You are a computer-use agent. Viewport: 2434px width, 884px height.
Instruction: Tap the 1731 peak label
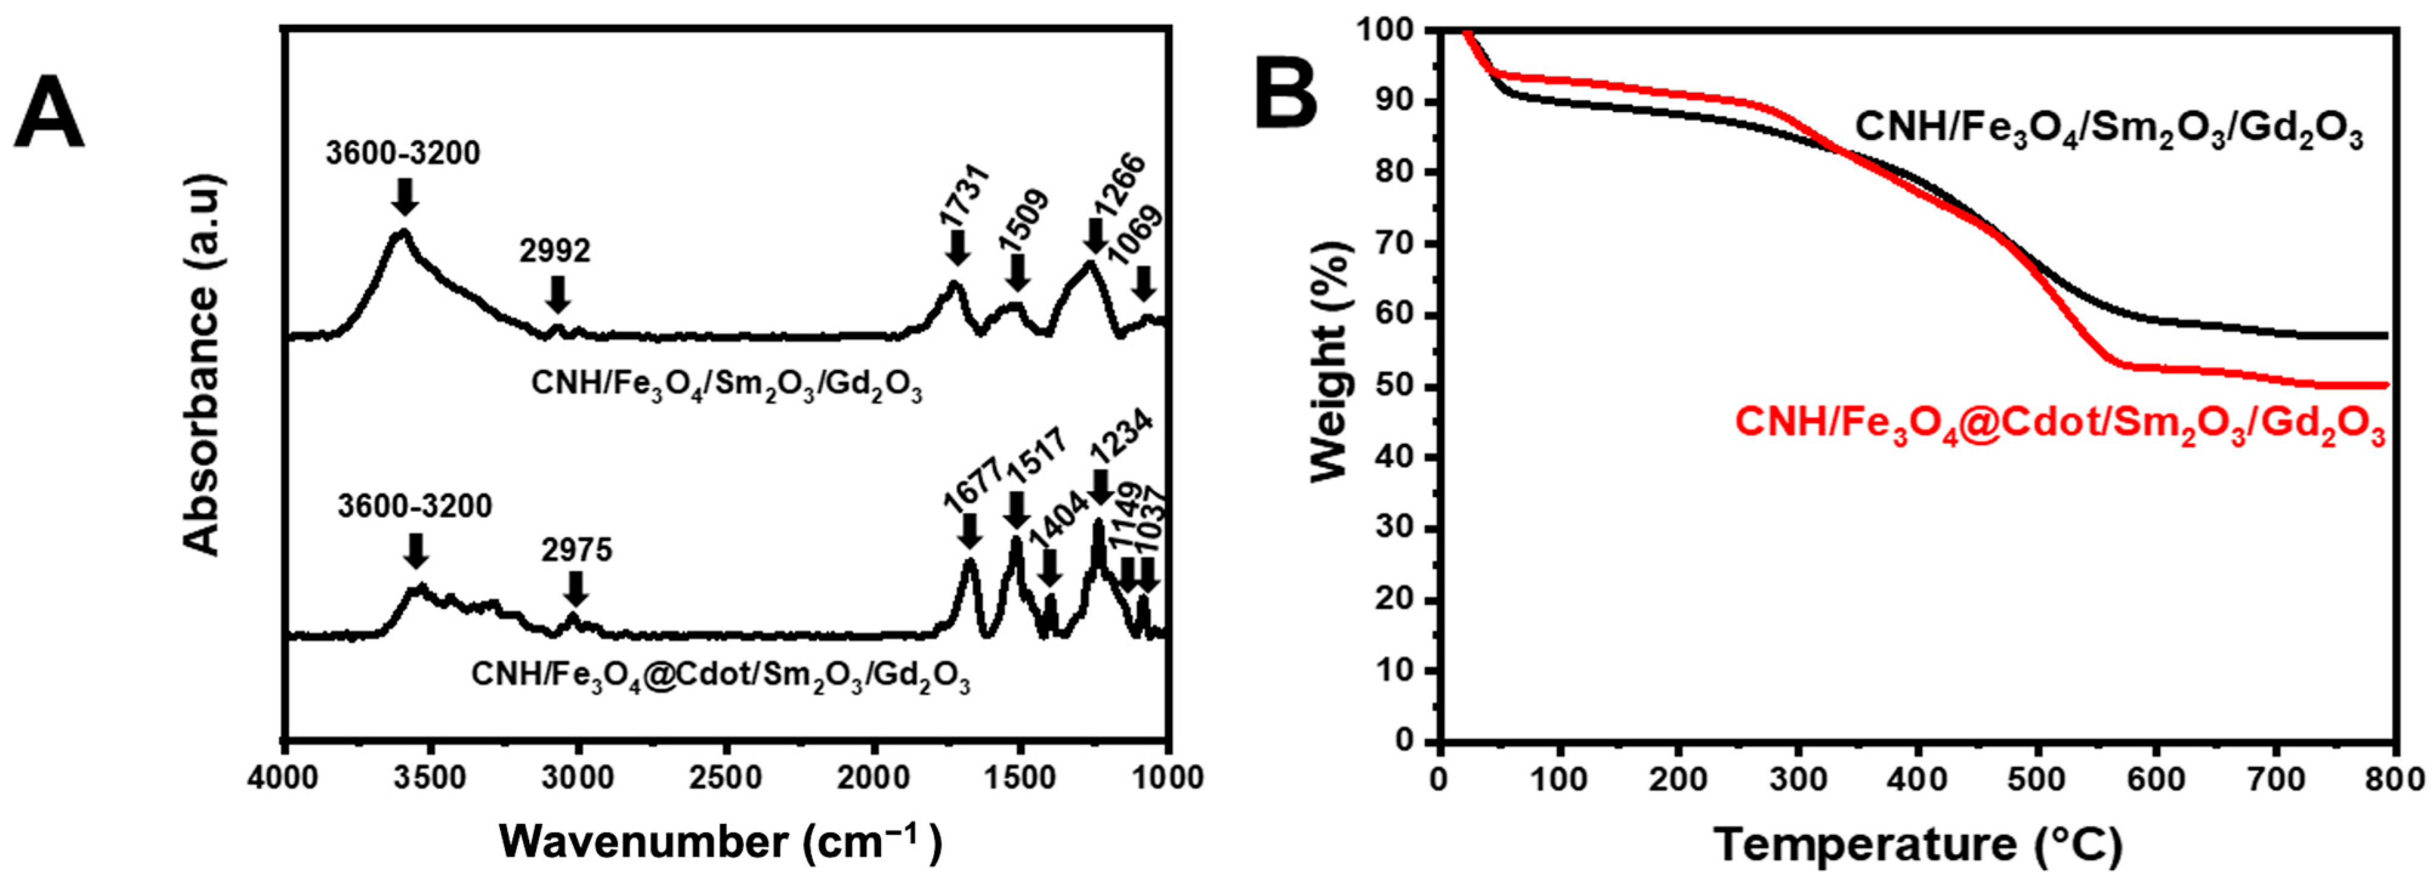965,193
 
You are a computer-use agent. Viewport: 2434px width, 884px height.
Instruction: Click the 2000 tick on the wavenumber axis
874,779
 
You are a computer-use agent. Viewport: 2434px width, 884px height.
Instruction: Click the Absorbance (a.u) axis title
201,369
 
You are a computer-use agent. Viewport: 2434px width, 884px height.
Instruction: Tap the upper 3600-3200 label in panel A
403,153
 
